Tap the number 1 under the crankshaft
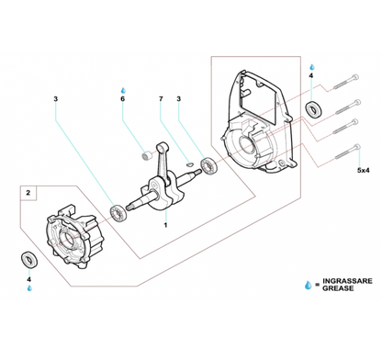[165, 225]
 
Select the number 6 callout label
[123, 98]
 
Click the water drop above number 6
[123, 88]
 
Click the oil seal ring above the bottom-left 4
[28, 257]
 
